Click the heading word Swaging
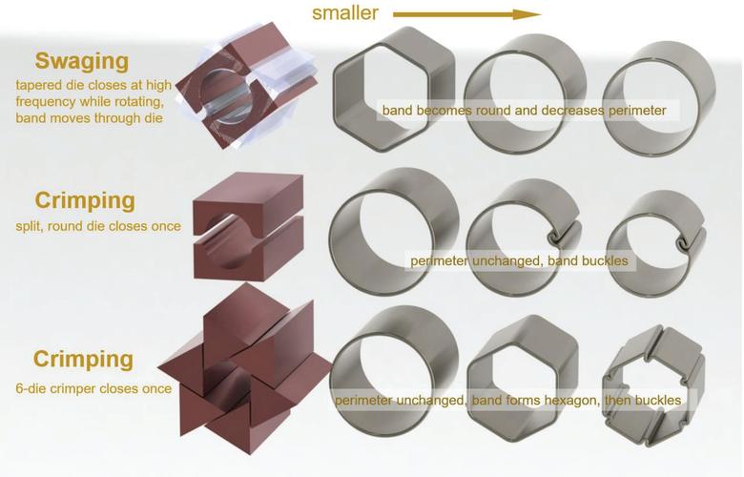pos(81,62)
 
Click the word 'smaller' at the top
pos(345,13)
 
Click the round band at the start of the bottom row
pos(393,367)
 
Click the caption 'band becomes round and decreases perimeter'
pos(524,112)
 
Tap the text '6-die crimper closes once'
pos(93,388)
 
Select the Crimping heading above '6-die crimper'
pos(83,360)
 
